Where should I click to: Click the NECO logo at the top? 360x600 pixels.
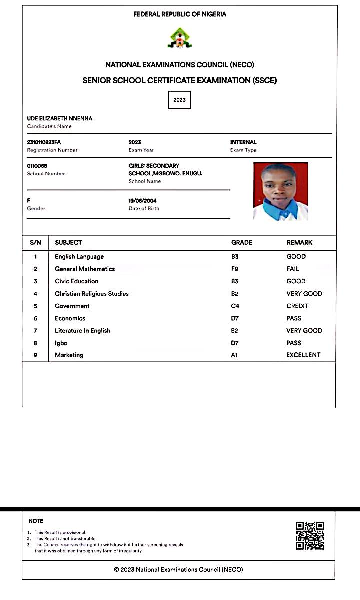click(x=179, y=38)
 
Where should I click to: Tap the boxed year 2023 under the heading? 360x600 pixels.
click(x=179, y=100)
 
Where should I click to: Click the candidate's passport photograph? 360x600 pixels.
click(x=280, y=191)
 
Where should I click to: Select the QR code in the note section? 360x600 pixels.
click(x=310, y=536)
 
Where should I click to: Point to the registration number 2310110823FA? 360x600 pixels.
click(x=44, y=142)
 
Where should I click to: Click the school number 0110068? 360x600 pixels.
click(x=37, y=166)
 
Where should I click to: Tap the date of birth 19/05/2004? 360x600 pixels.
click(x=142, y=201)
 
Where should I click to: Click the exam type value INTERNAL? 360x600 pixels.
click(x=243, y=142)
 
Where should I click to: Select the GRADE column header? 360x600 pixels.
click(x=242, y=242)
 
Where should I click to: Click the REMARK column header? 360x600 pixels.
click(x=299, y=242)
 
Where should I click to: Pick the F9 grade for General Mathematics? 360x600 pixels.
click(x=235, y=269)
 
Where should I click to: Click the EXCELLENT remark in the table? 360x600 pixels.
click(x=303, y=355)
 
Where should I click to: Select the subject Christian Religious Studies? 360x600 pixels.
click(x=92, y=294)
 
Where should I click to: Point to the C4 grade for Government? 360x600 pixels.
click(x=235, y=306)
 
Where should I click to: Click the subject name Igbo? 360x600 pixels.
click(x=61, y=343)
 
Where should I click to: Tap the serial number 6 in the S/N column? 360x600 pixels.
click(x=35, y=318)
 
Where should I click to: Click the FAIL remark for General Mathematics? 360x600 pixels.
click(x=293, y=269)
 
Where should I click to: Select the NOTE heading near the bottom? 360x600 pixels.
click(x=36, y=521)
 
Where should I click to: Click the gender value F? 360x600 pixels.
click(x=29, y=201)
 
